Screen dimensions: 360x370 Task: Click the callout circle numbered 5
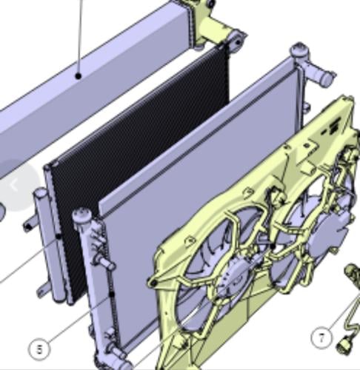pos(39,349)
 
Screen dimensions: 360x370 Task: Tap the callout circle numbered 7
pos(321,337)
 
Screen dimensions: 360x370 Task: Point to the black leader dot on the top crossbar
pos(79,76)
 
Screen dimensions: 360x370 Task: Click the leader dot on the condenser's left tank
pos(59,237)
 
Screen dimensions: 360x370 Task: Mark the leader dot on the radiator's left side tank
pos(112,295)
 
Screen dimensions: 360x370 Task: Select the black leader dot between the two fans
pos(273,246)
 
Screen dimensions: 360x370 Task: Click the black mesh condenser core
pos(139,153)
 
